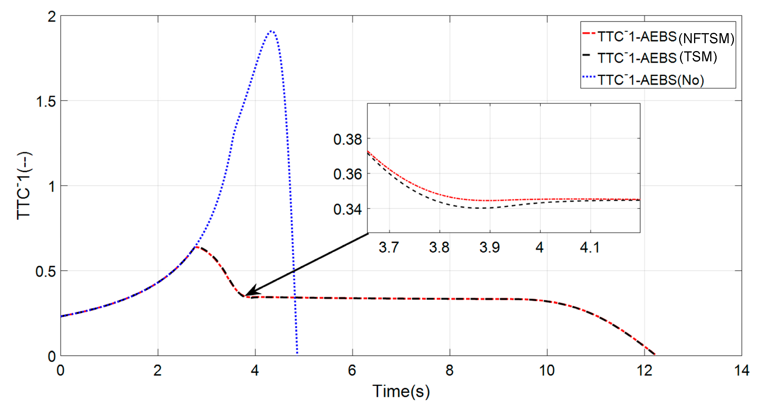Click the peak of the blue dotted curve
point(271,31)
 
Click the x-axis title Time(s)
point(401,391)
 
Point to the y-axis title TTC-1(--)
point(24,186)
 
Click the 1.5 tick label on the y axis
point(46,101)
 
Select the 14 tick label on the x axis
point(742,370)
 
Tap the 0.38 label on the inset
point(347,139)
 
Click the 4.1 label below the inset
point(589,247)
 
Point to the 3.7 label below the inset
point(389,247)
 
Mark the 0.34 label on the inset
point(347,210)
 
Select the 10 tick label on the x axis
point(547,370)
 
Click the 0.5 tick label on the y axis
point(46,271)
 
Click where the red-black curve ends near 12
point(655,354)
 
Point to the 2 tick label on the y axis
point(52,17)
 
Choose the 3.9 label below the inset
point(489,247)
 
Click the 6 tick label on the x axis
point(352,370)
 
